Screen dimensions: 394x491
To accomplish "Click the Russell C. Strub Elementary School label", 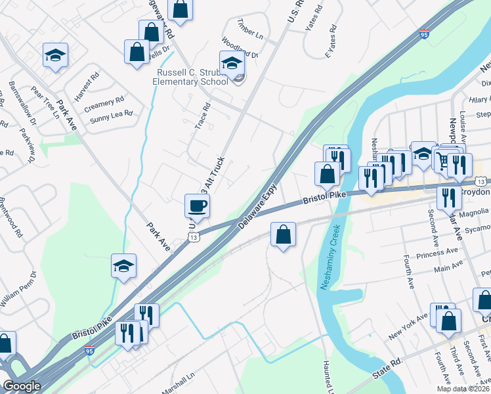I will pos(190,76).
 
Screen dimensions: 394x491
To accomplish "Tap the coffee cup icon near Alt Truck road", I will pos(198,206).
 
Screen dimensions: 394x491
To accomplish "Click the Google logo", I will pos(22,386).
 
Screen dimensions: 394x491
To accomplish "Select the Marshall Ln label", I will pos(179,389).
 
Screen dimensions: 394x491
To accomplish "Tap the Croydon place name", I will pos(477,191).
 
